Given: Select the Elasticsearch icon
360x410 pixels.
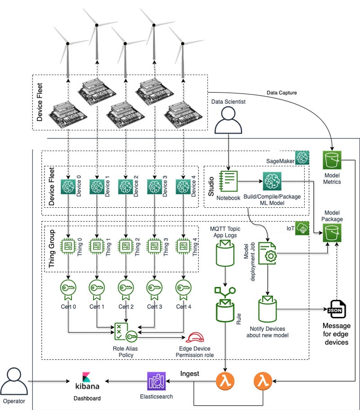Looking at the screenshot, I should (156, 381).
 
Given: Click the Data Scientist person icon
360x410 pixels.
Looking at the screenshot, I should (228, 120).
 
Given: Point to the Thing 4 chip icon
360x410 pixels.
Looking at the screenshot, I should (183, 245).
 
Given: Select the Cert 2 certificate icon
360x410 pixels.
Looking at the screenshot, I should (126, 289).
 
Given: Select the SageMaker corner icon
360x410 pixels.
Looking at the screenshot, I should (301, 157).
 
